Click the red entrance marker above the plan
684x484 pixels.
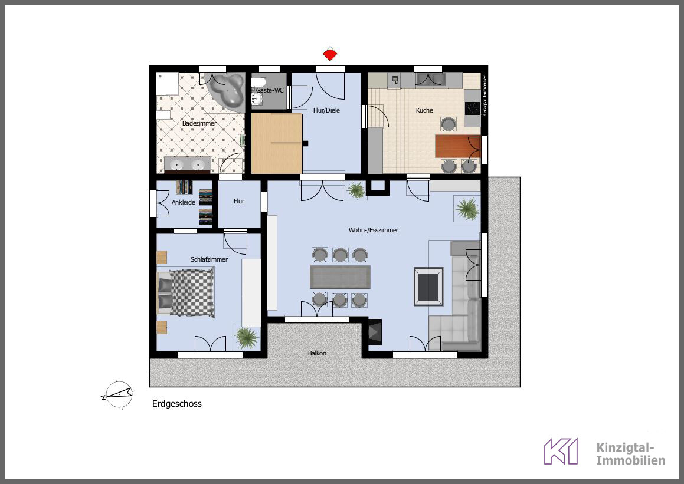coord(330,54)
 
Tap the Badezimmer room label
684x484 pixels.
coord(199,123)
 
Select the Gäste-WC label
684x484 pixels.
coord(270,90)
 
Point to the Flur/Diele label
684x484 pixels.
coord(326,110)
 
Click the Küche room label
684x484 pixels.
coord(424,110)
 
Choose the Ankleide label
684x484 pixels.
coord(183,202)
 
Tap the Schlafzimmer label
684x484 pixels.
coord(209,259)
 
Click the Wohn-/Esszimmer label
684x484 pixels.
coord(374,230)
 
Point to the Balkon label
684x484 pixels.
coord(317,353)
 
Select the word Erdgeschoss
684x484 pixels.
coord(176,404)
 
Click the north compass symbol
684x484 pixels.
coord(117,394)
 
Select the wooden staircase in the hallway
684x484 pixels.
coord(277,143)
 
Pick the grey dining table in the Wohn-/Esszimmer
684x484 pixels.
coord(340,277)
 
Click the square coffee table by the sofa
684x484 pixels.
coord(429,287)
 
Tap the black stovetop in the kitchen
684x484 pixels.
coord(472,108)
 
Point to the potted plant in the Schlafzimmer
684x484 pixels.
coord(247,338)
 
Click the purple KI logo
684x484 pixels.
coord(561,452)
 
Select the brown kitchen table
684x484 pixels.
coord(458,146)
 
